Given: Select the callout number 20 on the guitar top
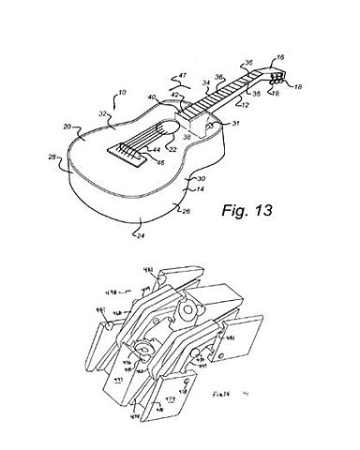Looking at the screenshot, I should tap(68, 127).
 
